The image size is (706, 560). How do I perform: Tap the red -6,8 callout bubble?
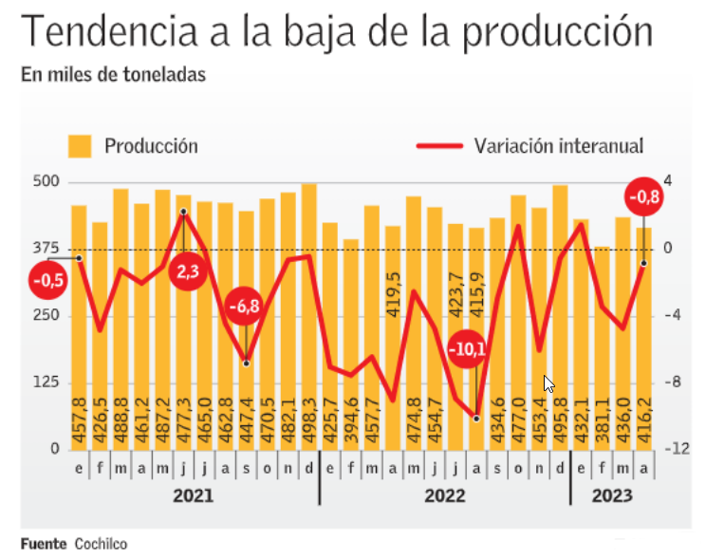point(247,308)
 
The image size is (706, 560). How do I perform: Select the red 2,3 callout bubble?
point(186,271)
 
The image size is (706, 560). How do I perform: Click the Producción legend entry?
point(133,146)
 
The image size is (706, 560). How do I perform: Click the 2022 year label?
point(443,495)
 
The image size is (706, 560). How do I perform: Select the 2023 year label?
point(610,495)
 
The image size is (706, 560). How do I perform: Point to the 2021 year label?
point(193,495)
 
